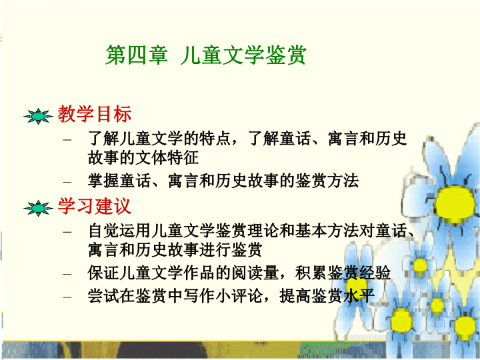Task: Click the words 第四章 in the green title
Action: point(137,55)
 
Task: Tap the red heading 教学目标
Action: point(95,114)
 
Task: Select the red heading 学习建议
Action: point(95,206)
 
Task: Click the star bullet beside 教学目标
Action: point(38,116)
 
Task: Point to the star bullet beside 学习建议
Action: point(38,209)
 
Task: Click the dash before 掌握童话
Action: point(67,182)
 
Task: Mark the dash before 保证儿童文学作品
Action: point(67,274)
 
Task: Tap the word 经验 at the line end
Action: point(375,273)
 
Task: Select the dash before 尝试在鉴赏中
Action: point(67,297)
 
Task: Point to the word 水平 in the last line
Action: point(359,296)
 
